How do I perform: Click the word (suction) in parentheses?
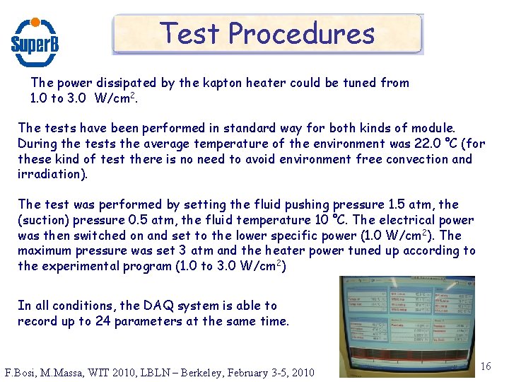pos(45,220)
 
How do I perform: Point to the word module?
pos(434,128)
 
